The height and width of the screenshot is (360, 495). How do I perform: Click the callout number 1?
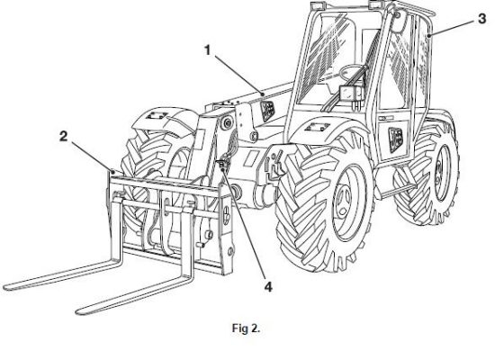click(x=207, y=50)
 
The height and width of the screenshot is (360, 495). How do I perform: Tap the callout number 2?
click(x=64, y=137)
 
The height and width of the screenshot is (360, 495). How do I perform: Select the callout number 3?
click(x=481, y=19)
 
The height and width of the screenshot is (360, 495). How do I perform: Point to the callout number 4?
click(x=268, y=287)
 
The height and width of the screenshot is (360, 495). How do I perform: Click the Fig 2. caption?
click(x=246, y=328)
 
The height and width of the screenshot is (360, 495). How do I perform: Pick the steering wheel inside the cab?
click(x=351, y=73)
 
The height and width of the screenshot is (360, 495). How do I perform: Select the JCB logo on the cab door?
click(x=396, y=139)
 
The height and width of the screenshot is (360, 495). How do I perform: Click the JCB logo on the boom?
click(x=267, y=112)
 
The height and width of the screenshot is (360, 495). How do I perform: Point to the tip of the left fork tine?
click(x=6, y=287)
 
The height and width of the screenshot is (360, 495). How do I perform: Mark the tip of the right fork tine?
click(x=79, y=311)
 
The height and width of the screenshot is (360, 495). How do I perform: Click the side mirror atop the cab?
click(x=398, y=22)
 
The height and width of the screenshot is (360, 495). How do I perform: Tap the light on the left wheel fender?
click(x=157, y=115)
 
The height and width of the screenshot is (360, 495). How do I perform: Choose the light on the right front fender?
click(x=318, y=127)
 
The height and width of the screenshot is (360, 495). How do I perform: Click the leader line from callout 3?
click(x=452, y=28)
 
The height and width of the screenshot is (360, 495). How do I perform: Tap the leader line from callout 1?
click(x=239, y=75)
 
